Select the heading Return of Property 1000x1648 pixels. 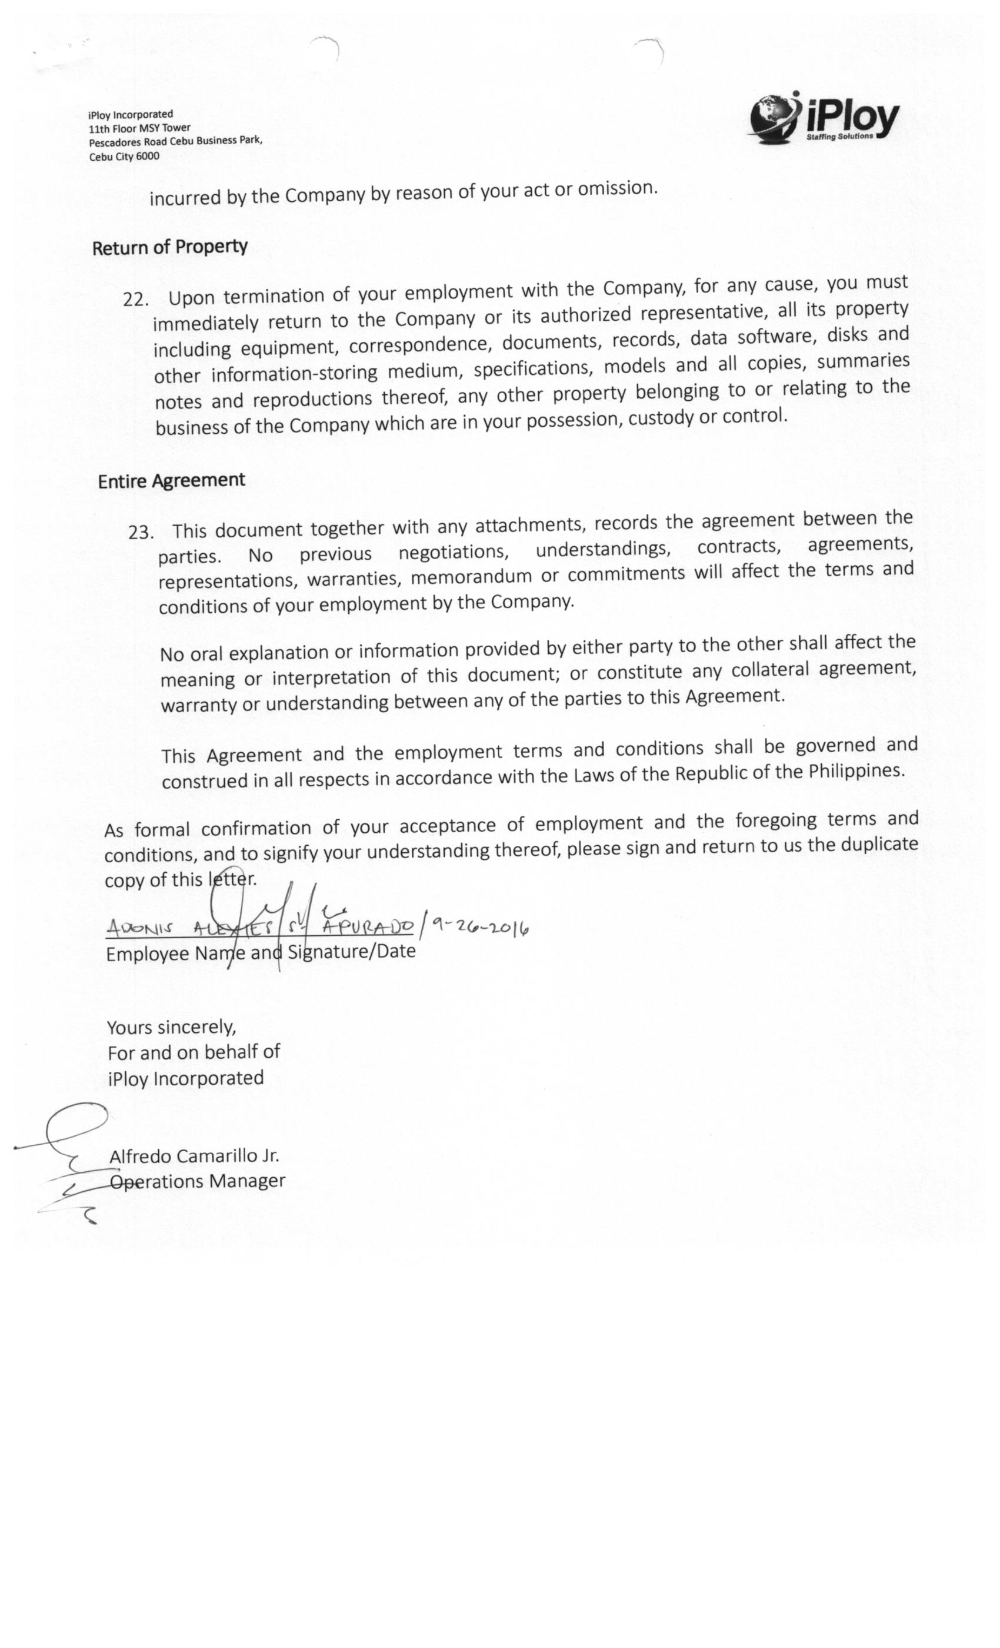point(170,247)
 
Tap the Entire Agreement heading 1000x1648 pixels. point(171,481)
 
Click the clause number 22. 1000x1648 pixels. point(135,299)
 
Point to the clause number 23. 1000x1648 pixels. point(141,533)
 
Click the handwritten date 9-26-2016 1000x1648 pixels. point(480,927)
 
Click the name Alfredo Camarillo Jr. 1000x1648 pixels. point(194,1157)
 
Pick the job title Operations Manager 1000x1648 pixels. point(198,1182)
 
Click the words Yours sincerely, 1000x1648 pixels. point(172,1027)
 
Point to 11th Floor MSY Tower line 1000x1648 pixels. point(140,128)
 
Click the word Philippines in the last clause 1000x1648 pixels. point(856,771)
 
